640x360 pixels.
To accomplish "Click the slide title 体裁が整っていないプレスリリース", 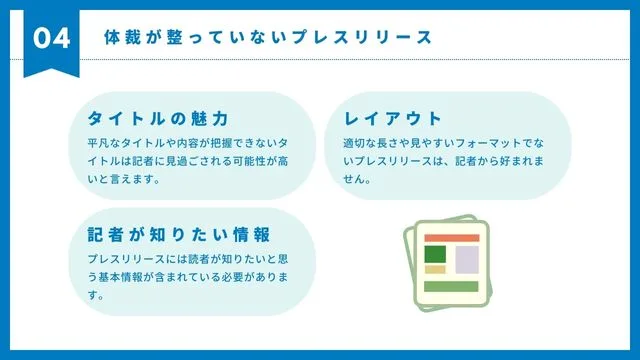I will tap(268, 38).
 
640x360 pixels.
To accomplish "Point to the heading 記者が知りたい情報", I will tap(179, 235).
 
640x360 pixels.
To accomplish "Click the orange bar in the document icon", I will tap(452, 238).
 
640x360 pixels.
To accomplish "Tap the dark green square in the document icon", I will tap(435, 254).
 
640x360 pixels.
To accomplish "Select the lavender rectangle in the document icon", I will tap(467, 259).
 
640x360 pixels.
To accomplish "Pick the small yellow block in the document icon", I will tap(435, 269).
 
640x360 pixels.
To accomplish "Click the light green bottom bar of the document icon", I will tap(452, 287).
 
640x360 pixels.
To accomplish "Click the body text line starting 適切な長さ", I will tap(444, 143).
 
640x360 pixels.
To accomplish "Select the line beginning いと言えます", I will tap(125, 180).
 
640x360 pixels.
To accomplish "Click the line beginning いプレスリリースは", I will tap(444, 161).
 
